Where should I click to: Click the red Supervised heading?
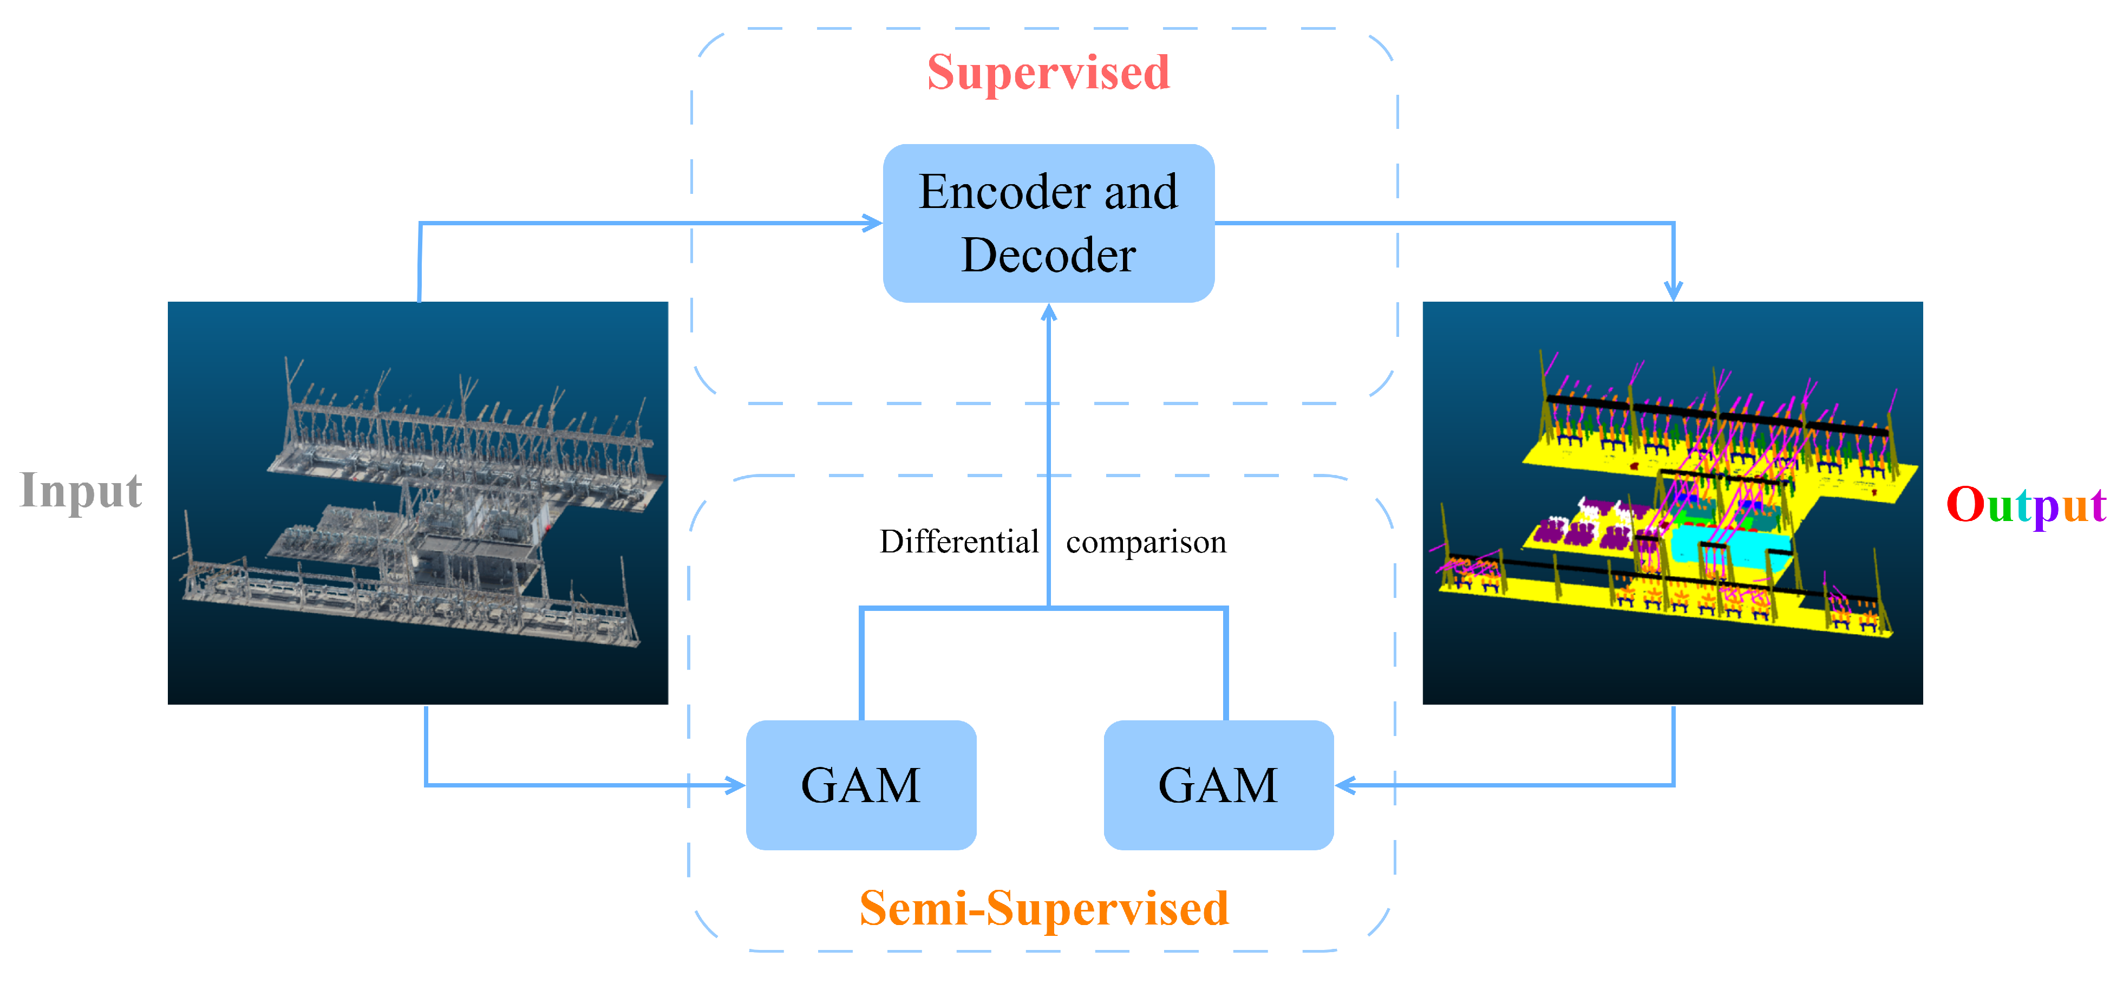pyautogui.click(x=1048, y=73)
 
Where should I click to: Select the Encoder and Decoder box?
pyautogui.click(x=1048, y=223)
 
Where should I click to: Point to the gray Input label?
pyautogui.click(x=81, y=492)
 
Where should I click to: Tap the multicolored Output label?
pyautogui.click(x=2025, y=505)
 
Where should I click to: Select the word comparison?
pyautogui.click(x=1146, y=542)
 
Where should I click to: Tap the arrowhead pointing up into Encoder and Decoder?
pyautogui.click(x=1048, y=313)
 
